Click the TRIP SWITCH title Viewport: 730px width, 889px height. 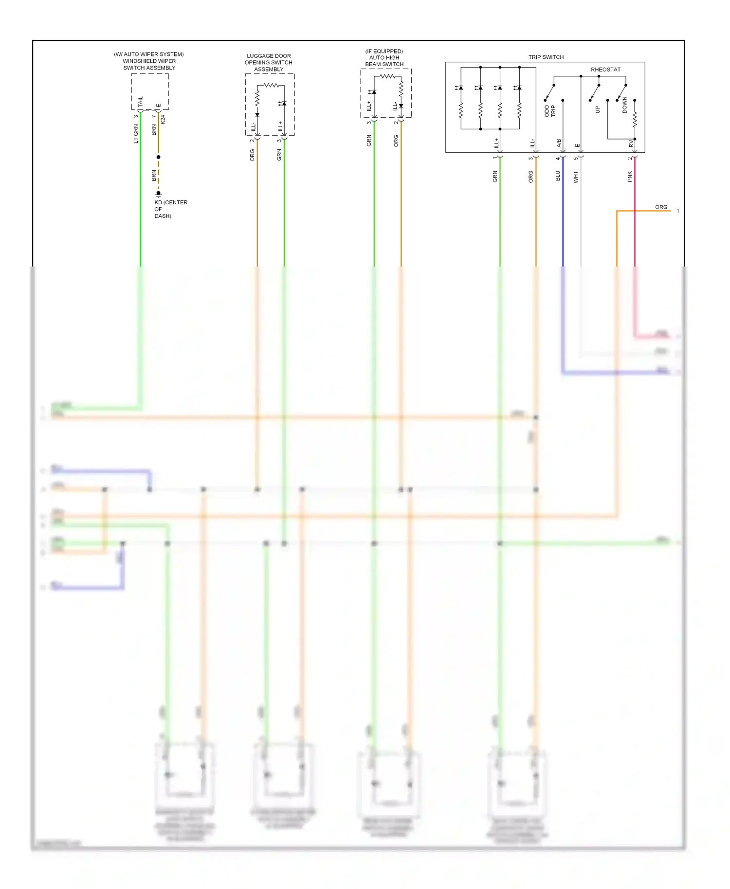(546, 57)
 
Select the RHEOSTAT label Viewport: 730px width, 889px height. (605, 70)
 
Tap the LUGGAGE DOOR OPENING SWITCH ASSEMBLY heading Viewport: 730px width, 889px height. (269, 63)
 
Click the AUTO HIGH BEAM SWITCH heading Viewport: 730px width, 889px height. (384, 58)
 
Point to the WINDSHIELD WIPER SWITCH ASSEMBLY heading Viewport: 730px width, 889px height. (149, 61)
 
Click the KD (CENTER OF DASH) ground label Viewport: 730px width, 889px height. (170, 209)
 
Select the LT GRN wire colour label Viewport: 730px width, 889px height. (136, 134)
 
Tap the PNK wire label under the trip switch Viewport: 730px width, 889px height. (630, 177)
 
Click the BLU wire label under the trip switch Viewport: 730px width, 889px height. (558, 176)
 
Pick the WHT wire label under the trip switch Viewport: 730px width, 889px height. (576, 177)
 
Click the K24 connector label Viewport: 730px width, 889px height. (163, 119)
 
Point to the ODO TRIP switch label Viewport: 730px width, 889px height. (550, 111)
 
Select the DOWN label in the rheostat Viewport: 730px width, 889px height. (625, 105)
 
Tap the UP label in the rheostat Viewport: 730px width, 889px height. (598, 110)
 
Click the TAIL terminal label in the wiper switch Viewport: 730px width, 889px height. (141, 102)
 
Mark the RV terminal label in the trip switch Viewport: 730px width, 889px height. (631, 144)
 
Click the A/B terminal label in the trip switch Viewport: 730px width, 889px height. (559, 143)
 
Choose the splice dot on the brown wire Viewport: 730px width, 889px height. (158, 157)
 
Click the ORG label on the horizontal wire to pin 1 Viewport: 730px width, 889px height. (661, 207)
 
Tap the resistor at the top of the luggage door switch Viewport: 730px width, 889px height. (271, 85)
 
